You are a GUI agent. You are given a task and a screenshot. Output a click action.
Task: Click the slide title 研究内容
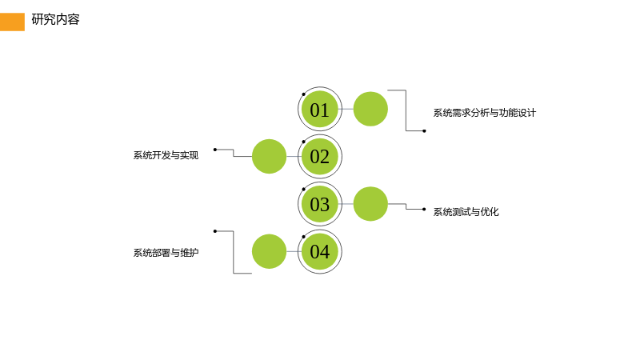[55, 19]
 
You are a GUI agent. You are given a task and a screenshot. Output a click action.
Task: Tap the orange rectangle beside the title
[12, 22]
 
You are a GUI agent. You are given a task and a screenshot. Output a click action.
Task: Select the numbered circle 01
[319, 109]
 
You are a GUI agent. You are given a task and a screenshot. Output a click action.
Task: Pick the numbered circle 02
[319, 156]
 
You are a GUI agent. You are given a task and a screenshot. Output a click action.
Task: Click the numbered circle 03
[319, 204]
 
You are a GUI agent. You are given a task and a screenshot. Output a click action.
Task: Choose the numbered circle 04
[319, 251]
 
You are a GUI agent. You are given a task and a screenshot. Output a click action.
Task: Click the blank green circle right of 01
[370, 109]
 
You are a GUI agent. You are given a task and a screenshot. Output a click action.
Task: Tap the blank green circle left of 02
[269, 156]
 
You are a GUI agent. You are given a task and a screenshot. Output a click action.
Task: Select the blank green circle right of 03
[370, 204]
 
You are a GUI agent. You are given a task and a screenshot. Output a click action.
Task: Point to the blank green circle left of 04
[269, 251]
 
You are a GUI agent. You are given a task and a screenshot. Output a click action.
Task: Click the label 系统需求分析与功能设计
[485, 113]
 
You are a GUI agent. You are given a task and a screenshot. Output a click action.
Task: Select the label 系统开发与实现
[166, 155]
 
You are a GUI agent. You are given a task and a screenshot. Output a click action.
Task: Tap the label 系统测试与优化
[466, 212]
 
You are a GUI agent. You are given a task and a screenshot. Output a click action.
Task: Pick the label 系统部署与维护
[166, 253]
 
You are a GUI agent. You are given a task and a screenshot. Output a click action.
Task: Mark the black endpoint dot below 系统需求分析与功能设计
[424, 131]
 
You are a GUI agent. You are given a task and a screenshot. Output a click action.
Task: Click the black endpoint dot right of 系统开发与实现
[215, 150]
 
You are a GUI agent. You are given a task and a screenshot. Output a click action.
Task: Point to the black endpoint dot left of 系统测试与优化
[424, 210]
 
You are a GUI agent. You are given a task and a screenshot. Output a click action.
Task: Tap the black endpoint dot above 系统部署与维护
[215, 231]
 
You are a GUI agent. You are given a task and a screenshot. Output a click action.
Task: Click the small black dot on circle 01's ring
[304, 94]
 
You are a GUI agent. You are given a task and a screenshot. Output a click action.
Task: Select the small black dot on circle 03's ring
[304, 190]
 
